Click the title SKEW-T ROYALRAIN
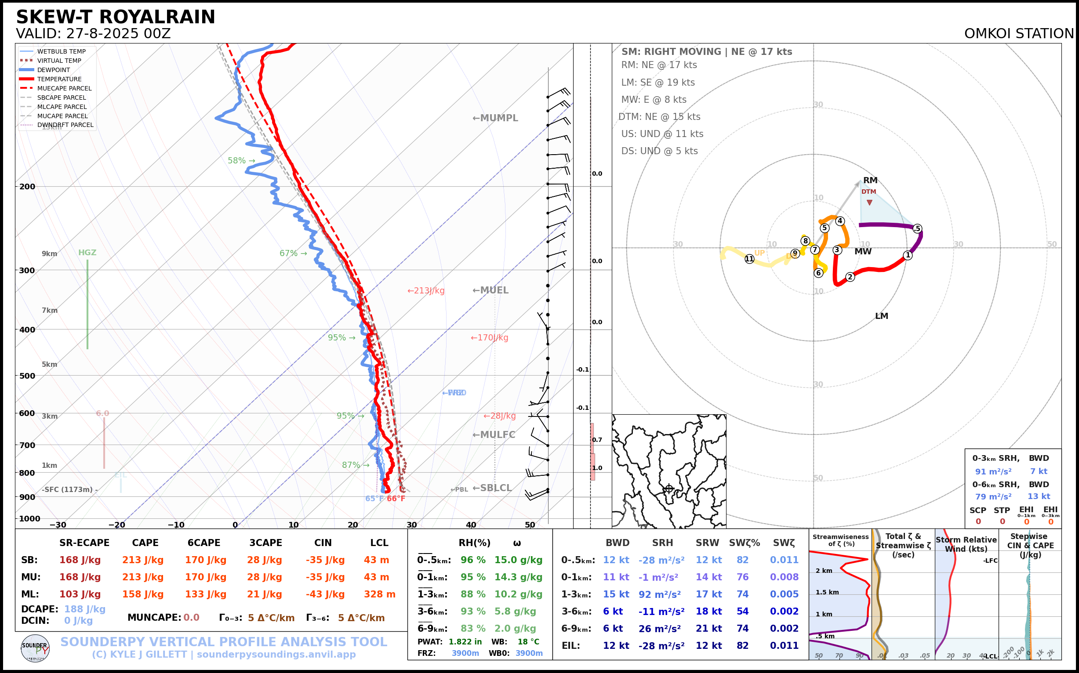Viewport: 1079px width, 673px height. [x=115, y=17]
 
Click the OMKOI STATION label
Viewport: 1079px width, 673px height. [x=1019, y=34]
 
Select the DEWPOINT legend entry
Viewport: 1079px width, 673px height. [x=53, y=70]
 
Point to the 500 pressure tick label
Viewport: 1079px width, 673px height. [x=27, y=376]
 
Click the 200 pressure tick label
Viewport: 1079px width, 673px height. [x=27, y=187]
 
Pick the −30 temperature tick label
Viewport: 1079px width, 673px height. [x=58, y=525]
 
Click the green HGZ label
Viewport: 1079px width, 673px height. [x=87, y=252]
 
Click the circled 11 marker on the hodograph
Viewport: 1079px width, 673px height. [x=749, y=259]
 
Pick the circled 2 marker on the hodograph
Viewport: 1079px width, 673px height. [x=850, y=277]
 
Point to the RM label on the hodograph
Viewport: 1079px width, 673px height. [x=870, y=180]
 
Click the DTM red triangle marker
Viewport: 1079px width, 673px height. [x=869, y=203]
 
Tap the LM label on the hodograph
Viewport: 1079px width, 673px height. [x=881, y=316]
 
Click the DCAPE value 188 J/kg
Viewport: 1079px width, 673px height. [x=85, y=609]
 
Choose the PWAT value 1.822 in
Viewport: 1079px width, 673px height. [x=465, y=641]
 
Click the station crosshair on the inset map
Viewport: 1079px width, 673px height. [x=668, y=489]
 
